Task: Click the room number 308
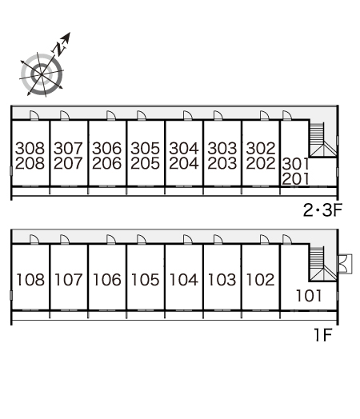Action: pos(30,148)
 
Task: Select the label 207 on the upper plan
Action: pos(68,163)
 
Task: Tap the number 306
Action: pos(106,148)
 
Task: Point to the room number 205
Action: pos(145,163)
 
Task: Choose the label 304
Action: pos(184,148)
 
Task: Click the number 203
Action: pos(222,163)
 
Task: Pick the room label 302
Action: pos(261,148)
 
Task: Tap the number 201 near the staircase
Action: pos(295,179)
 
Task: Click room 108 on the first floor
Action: pos(30,280)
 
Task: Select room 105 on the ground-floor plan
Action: pos(145,280)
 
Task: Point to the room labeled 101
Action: pos(309,296)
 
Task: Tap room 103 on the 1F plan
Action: pos(222,280)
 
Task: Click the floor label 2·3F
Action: pos(322,210)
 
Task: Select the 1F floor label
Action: pos(323,335)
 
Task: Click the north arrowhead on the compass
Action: pos(66,37)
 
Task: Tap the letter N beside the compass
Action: pos(59,49)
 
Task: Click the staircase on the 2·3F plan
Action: pos(323,139)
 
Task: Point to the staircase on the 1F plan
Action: pos(323,264)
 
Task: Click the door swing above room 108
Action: pos(34,240)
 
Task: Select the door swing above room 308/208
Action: pos(34,115)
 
